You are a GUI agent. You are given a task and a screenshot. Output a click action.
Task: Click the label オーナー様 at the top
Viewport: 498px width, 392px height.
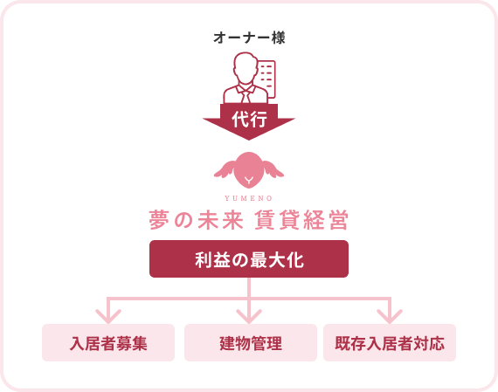[249, 38]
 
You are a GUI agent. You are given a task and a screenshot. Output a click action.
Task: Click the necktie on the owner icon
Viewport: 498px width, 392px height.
[246, 95]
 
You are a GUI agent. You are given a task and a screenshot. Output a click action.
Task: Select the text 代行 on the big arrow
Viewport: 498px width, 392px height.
[249, 119]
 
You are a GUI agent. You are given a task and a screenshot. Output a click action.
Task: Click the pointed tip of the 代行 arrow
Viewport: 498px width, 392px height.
[249, 140]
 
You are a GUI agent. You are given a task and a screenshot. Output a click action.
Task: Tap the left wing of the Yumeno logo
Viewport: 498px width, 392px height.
[225, 168]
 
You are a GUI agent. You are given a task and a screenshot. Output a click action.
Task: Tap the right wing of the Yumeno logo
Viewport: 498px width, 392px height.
[273, 168]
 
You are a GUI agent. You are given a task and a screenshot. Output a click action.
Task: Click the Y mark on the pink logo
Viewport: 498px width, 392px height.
[249, 182]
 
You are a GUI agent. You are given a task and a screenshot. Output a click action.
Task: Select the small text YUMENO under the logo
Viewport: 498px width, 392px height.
[249, 198]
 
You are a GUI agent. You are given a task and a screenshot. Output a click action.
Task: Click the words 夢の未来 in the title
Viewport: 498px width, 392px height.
[197, 220]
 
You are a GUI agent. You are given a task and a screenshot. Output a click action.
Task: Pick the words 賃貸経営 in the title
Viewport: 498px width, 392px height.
[301, 220]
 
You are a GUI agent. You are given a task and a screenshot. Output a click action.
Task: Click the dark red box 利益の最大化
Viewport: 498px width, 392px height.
[249, 258]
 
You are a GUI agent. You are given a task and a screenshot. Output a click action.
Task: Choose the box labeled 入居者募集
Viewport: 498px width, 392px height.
[108, 342]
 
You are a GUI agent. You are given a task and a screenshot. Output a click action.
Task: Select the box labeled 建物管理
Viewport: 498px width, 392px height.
[251, 342]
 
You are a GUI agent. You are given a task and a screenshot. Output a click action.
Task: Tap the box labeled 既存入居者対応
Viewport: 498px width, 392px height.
[390, 342]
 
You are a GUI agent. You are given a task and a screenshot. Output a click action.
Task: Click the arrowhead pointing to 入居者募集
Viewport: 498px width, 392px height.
[108, 317]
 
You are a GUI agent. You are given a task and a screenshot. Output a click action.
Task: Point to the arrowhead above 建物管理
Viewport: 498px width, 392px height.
[249, 317]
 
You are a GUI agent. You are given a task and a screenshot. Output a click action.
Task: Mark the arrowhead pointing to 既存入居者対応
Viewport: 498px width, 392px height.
[390, 317]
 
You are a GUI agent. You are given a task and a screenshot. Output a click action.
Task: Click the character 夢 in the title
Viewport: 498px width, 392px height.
[159, 220]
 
